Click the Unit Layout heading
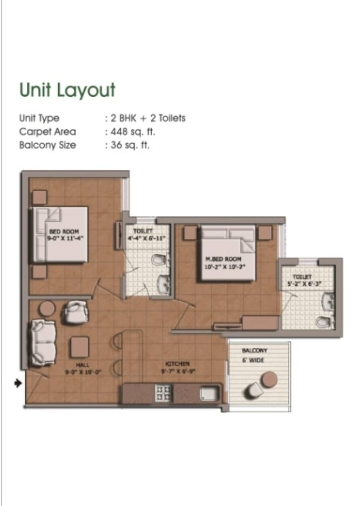(x=67, y=90)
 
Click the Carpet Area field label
(x=48, y=132)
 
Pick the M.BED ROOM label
(x=223, y=259)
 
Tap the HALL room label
(x=82, y=365)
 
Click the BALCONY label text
(x=254, y=350)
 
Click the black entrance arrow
(x=18, y=384)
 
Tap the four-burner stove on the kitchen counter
(x=163, y=392)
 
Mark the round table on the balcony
(x=269, y=380)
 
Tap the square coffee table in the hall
(x=80, y=346)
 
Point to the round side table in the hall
(x=47, y=308)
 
